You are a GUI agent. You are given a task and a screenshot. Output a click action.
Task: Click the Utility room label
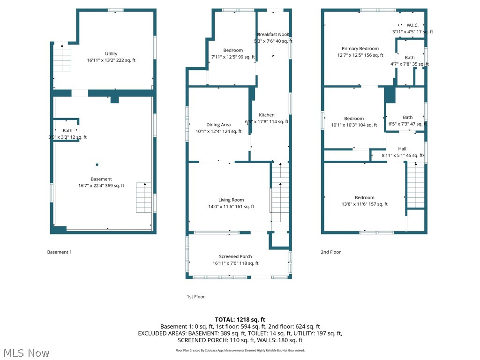point(111,54)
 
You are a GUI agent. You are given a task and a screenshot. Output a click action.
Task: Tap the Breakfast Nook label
point(273,34)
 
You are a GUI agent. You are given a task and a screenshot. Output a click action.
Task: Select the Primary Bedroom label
point(360,48)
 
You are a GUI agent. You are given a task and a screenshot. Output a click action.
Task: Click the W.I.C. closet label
point(412,25)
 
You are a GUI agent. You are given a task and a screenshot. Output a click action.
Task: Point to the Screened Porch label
point(235,256)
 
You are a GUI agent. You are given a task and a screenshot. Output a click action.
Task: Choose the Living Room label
point(231,200)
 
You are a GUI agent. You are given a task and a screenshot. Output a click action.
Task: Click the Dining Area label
point(218,125)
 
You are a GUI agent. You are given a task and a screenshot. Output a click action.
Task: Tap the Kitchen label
point(267,115)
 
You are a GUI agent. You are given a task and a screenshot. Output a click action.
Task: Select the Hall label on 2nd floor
point(402,149)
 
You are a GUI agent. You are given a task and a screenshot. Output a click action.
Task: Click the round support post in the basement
point(97,165)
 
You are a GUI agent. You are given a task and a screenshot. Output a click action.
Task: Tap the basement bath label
point(68,131)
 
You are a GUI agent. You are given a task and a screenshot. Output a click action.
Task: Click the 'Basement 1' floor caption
point(60,252)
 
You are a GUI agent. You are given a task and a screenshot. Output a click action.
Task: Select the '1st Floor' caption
point(196,297)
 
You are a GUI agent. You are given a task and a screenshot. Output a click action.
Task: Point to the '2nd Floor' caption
point(330,252)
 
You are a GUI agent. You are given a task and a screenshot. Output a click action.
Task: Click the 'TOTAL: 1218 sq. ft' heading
point(240,319)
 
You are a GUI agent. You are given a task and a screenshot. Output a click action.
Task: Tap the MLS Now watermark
point(26,352)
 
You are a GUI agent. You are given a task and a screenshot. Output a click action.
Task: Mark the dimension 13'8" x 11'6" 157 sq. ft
point(364,204)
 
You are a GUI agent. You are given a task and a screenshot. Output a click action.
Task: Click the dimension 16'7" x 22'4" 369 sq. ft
point(101,186)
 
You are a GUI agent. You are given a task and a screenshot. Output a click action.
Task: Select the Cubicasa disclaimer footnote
point(240,350)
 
